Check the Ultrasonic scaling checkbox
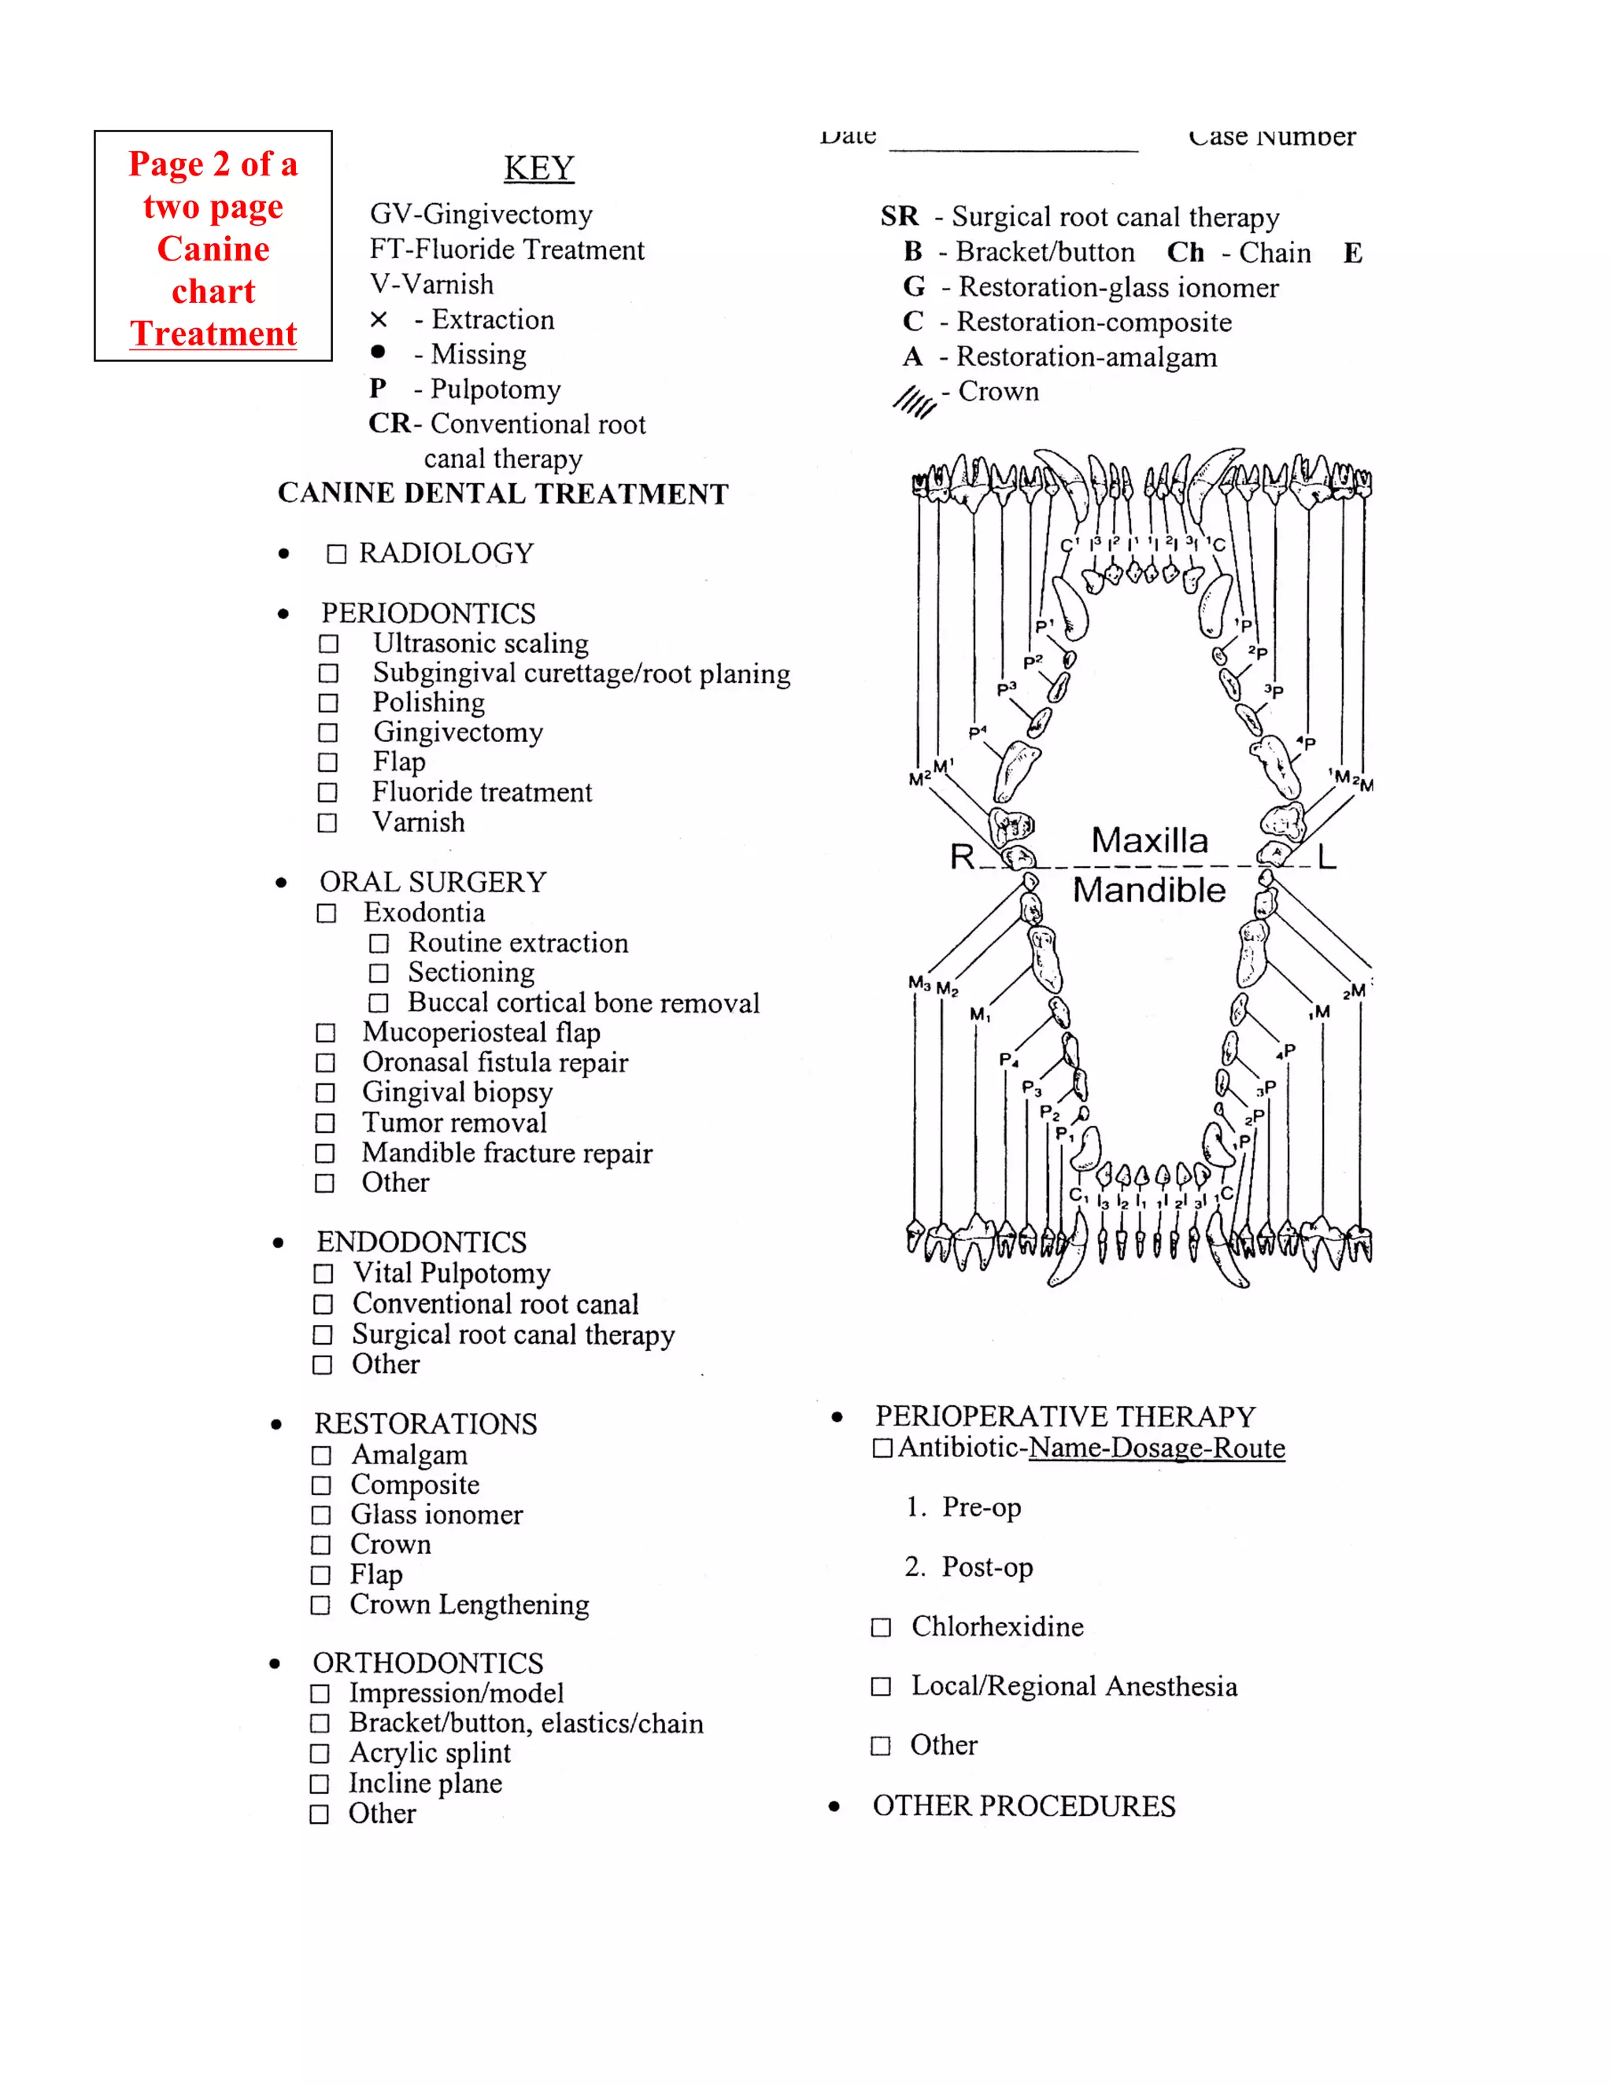tap(328, 644)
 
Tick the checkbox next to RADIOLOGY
tap(336, 555)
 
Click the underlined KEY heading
tap(538, 168)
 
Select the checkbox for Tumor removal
tap(325, 1124)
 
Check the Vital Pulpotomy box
tap(324, 1275)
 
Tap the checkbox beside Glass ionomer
tap(321, 1516)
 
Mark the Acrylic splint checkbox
tap(320, 1754)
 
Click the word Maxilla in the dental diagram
tap(1149, 840)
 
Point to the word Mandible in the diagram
tap(1149, 890)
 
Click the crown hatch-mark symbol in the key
tap(914, 402)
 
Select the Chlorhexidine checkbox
tap(881, 1628)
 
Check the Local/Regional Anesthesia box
tap(881, 1687)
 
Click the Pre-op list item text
tap(981, 1507)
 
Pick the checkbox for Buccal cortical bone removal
tap(379, 1003)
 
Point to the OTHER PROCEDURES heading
tap(1024, 1806)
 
